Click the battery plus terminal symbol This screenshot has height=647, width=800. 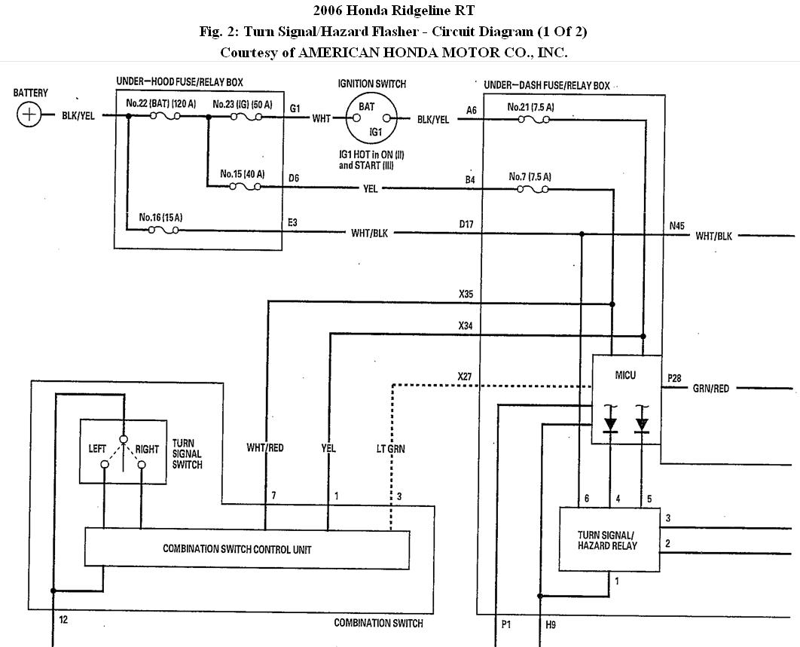tap(29, 114)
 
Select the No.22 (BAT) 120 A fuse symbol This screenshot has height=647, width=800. tap(165, 116)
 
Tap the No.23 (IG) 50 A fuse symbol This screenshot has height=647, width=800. tap(246, 117)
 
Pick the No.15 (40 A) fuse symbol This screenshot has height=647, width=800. tap(245, 186)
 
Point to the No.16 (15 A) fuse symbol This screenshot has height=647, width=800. tap(163, 230)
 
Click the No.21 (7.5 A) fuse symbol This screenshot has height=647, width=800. tap(533, 120)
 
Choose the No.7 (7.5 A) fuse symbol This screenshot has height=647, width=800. tap(533, 189)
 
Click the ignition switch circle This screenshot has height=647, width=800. tap(371, 118)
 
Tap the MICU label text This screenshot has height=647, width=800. tap(625, 375)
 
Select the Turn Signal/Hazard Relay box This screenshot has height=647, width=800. tap(609, 539)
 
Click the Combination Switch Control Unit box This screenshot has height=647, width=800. tap(247, 548)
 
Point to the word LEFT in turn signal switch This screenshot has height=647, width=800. tap(97, 448)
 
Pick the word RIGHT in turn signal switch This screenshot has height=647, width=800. tap(147, 449)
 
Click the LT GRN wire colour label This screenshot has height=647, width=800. tap(390, 448)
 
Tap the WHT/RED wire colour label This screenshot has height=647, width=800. tap(265, 447)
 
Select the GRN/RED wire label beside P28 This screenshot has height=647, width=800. tap(710, 389)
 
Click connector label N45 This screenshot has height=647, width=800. tap(677, 225)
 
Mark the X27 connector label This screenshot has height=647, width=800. tap(465, 377)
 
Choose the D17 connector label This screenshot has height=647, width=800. tap(466, 224)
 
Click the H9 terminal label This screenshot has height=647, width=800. tap(551, 624)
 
